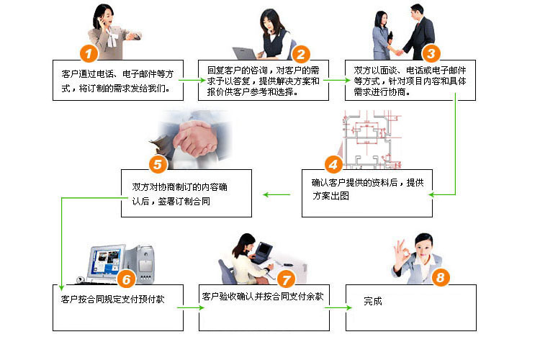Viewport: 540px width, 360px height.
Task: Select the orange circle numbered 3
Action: pos(431,53)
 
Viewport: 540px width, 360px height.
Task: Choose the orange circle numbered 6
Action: pos(125,278)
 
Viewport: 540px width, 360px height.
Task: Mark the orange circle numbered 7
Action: pos(286,278)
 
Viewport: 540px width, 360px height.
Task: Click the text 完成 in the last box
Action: pos(373,301)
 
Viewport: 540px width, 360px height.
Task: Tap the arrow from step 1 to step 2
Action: pos(191,79)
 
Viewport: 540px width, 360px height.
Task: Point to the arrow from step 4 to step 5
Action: pos(277,194)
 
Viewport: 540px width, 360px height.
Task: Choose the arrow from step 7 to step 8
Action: pos(338,307)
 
